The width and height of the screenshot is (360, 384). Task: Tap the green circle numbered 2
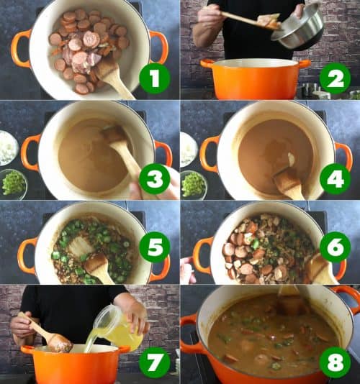click(335, 78)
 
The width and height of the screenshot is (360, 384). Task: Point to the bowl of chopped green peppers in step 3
click(12, 183)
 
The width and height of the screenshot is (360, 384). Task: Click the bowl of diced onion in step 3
click(8, 147)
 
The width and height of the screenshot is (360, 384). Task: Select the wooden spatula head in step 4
click(289, 183)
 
